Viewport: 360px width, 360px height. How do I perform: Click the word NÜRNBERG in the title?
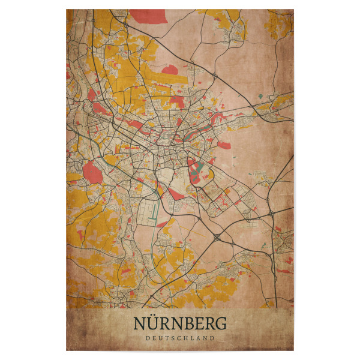(180, 323)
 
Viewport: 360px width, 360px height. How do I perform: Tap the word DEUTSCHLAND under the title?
(180, 338)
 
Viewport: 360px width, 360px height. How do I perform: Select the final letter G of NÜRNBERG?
(221, 323)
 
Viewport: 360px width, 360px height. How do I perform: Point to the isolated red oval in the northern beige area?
(170, 70)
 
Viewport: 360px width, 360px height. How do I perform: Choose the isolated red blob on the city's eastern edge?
(224, 145)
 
